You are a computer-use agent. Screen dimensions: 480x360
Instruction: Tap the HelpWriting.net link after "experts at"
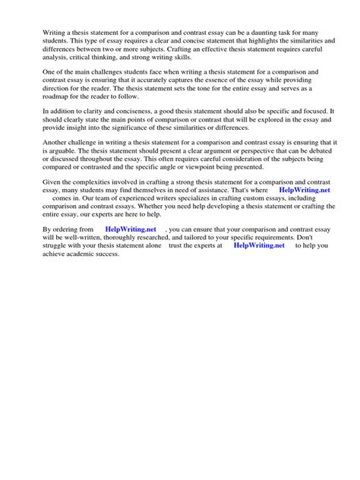pos(259,245)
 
